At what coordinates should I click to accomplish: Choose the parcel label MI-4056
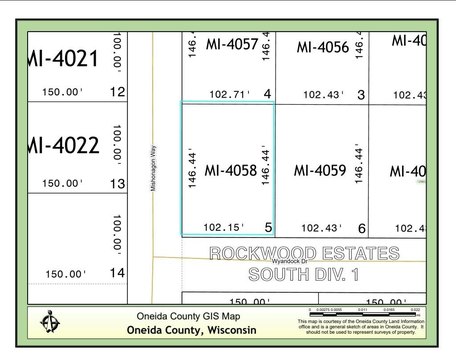322,47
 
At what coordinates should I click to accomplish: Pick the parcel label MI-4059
321,171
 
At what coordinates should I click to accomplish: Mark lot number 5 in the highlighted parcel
268,227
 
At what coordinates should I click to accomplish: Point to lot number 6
361,227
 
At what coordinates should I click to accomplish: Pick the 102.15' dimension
222,226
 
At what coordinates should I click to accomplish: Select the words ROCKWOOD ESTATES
303,253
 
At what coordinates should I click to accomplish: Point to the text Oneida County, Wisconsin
189,330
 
